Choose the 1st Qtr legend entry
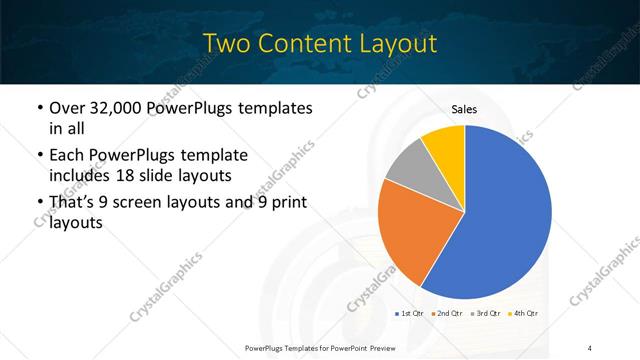pyautogui.click(x=413, y=315)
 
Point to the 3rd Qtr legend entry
pyautogui.click(x=485, y=315)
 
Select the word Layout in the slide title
pyautogui.click(x=397, y=43)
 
